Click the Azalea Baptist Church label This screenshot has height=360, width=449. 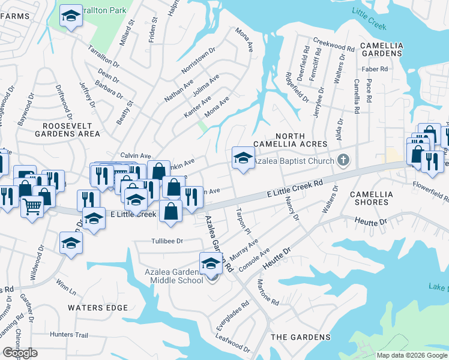[294, 161]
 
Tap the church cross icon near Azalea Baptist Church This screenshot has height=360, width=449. [343, 160]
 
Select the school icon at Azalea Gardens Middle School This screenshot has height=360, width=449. [211, 263]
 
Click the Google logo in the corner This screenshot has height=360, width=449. [19, 353]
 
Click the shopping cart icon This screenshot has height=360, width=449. [32, 206]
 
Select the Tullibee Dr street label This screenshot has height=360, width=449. [166, 241]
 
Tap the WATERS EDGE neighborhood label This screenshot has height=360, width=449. [98, 308]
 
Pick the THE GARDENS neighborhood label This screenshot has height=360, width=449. [300, 337]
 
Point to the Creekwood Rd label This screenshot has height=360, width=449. [338, 46]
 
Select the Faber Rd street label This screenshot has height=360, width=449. [375, 69]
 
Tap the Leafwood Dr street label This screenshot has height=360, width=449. [234, 345]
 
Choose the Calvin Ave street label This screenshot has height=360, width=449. [136, 155]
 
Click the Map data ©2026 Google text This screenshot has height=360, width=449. [412, 355]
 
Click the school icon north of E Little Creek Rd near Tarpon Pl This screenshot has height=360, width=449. [242, 158]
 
